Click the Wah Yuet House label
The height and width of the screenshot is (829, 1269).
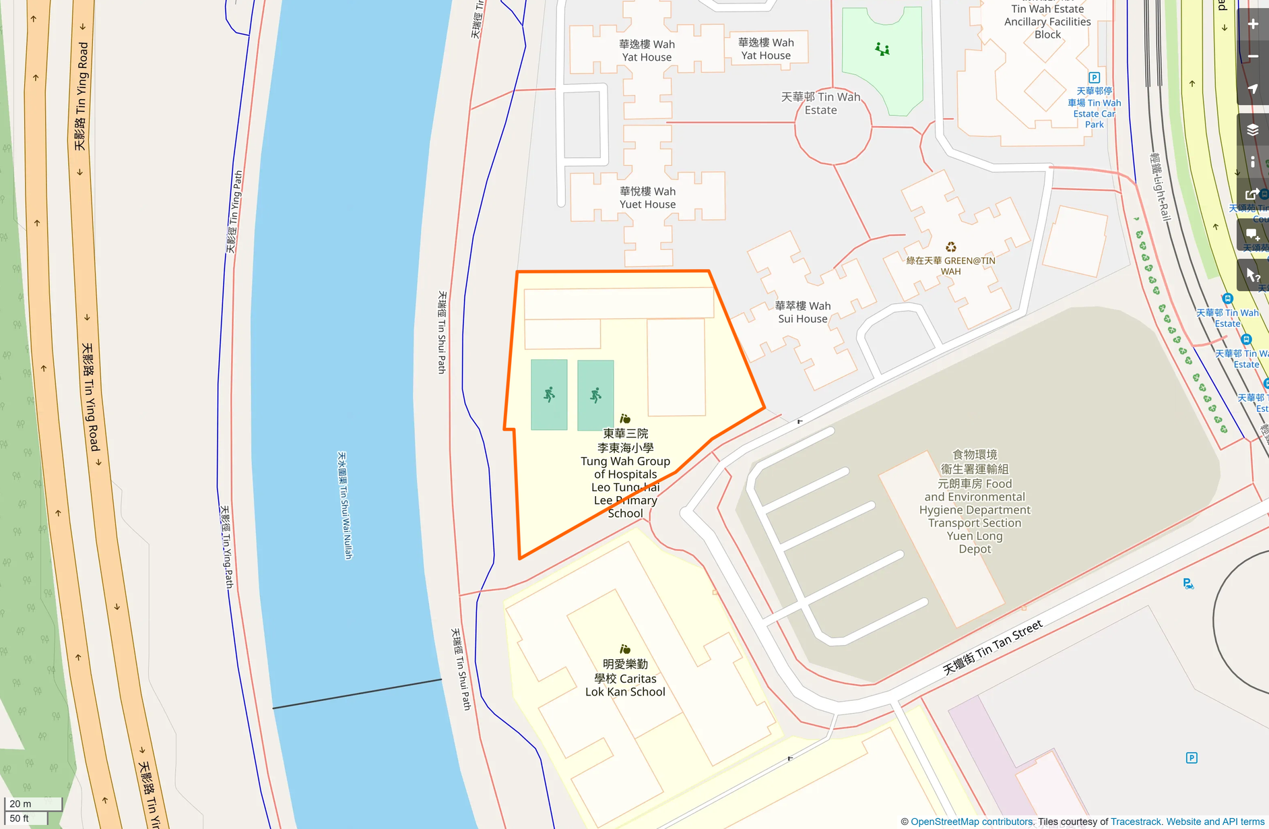(647, 198)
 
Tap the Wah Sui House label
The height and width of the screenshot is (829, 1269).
(802, 312)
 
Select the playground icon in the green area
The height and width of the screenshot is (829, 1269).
(882, 49)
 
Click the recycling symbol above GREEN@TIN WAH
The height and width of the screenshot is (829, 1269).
(950, 247)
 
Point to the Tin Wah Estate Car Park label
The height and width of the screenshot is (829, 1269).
(1094, 108)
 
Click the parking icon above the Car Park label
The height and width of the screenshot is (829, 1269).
(1094, 78)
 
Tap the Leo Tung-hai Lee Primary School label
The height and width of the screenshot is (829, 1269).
(625, 473)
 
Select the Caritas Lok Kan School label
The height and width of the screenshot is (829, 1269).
(625, 678)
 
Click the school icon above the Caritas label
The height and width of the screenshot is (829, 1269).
(625, 649)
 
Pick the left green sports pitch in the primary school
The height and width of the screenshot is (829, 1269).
(549, 395)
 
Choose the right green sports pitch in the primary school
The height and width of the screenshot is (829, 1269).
(595, 395)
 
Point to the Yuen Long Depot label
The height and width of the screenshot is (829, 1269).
(975, 502)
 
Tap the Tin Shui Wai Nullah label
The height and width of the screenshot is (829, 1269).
(345, 505)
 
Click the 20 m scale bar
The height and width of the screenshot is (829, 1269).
(32, 804)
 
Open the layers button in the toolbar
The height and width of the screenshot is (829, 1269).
(1253, 129)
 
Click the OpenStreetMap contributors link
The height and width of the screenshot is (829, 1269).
(972, 822)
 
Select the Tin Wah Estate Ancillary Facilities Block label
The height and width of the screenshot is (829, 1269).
(1047, 22)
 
